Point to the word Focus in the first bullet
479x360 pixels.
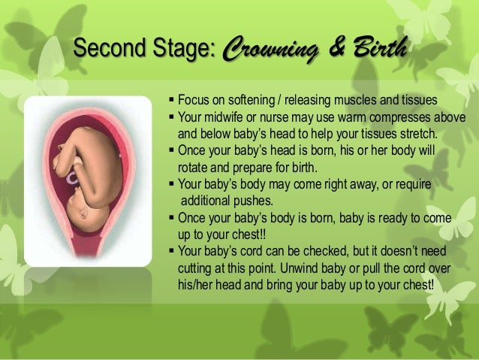tap(194, 102)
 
